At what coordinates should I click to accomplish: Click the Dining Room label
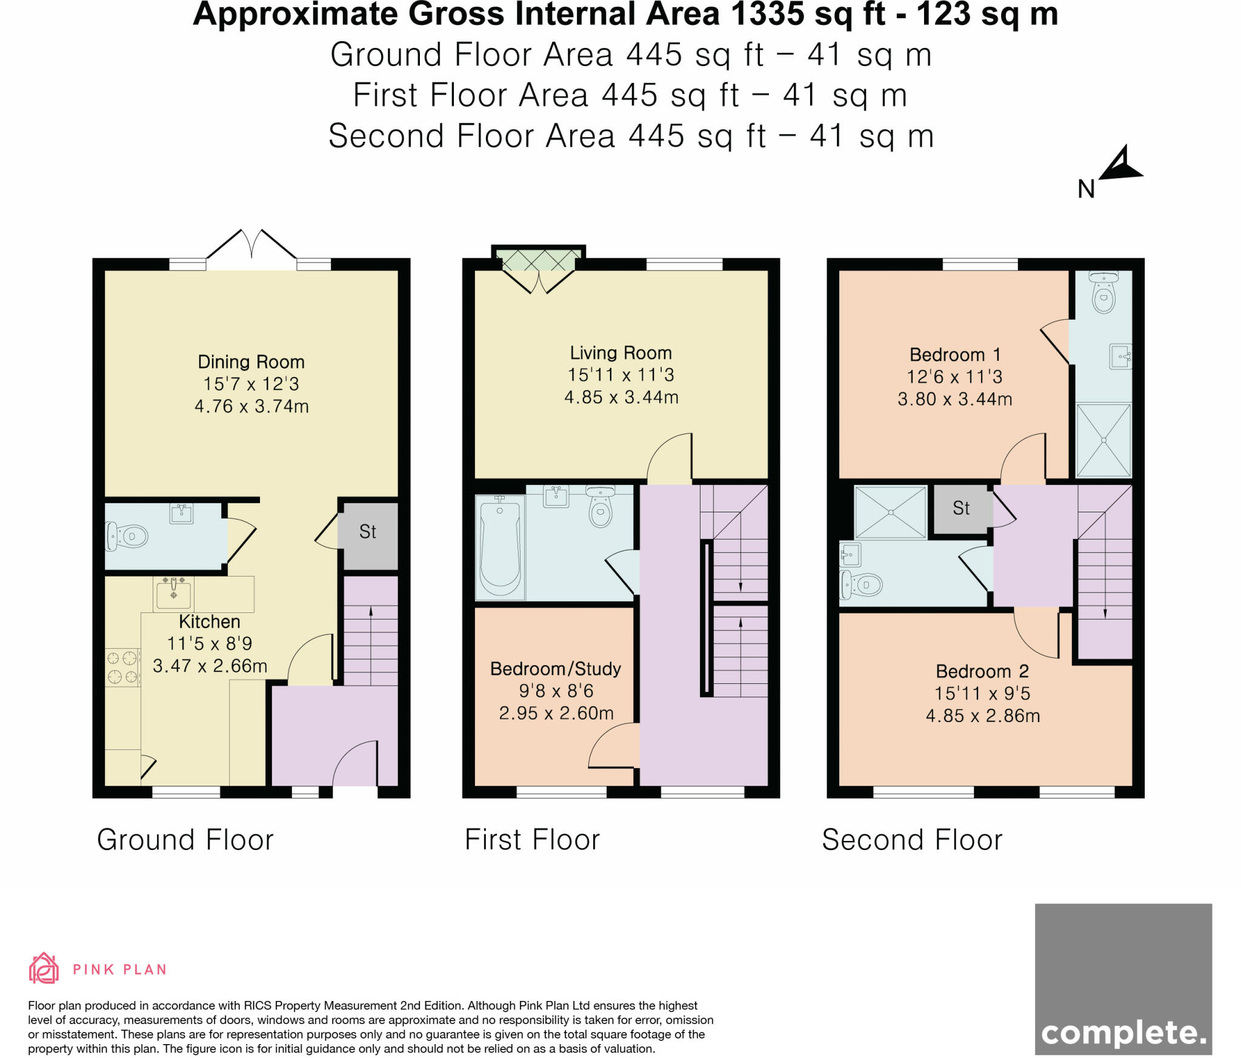251,362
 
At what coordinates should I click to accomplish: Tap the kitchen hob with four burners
122,667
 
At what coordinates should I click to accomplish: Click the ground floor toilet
129,536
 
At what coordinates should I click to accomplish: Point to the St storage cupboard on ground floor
368,532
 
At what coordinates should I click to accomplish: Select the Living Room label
620,353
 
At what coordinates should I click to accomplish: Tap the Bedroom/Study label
555,669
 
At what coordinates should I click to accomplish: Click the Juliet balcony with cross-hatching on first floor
538,259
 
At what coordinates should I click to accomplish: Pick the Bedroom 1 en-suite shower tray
1103,440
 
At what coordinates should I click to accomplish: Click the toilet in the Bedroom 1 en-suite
1103,295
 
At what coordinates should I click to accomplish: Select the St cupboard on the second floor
961,508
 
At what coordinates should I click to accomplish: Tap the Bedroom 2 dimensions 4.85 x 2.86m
982,716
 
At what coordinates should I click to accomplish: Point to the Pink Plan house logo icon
44,969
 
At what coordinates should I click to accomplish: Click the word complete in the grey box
1123,1033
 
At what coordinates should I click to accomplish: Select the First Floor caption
532,840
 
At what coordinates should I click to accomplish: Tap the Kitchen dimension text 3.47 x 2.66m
210,666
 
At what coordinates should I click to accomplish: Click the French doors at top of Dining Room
251,249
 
